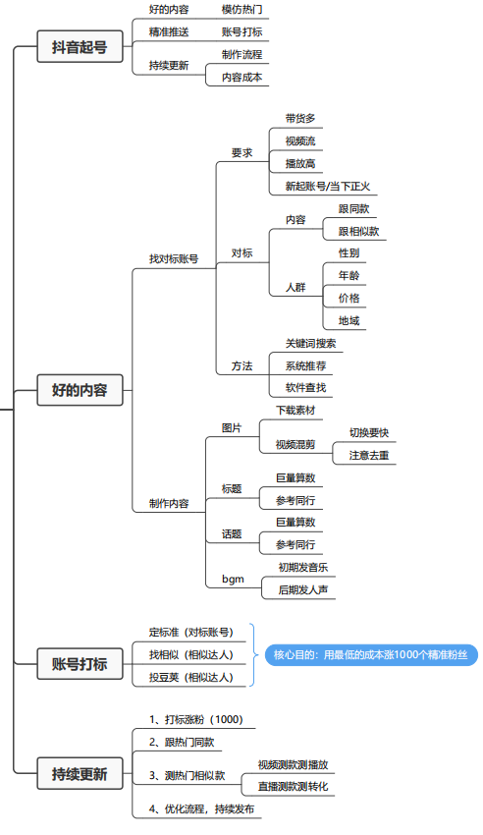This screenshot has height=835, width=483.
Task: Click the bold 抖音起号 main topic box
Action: pyautogui.click(x=80, y=47)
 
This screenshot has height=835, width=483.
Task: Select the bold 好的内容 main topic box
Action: pyautogui.click(x=80, y=390)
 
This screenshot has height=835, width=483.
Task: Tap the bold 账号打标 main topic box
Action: pyautogui.click(x=80, y=663)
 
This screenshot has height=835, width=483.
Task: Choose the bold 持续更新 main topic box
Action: pyautogui.click(x=80, y=773)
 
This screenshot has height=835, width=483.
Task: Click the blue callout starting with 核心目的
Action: pyautogui.click(x=371, y=655)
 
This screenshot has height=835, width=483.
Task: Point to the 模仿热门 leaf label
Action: pyautogui.click(x=242, y=10)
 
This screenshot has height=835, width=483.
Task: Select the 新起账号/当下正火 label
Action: pyautogui.click(x=328, y=187)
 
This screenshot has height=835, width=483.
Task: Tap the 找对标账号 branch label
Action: pyautogui.click(x=174, y=259)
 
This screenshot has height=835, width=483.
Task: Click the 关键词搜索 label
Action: pyautogui.click(x=310, y=344)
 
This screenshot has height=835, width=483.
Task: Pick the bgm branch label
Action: pyautogui.click(x=233, y=579)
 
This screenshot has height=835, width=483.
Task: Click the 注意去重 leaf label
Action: pyautogui.click(x=369, y=456)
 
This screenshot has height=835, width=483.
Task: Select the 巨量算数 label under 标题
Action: pyautogui.click(x=295, y=478)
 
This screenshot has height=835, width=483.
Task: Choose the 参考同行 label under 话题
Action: pyautogui.click(x=295, y=545)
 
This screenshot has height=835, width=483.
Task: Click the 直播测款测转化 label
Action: pyautogui.click(x=294, y=787)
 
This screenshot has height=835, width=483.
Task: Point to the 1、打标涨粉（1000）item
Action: pyautogui.click(x=195, y=720)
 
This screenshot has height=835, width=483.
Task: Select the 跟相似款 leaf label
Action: pyautogui.click(x=359, y=232)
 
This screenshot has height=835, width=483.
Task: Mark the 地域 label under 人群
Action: pyautogui.click(x=349, y=321)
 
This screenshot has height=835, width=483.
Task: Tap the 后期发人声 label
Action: pyautogui.click(x=303, y=590)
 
